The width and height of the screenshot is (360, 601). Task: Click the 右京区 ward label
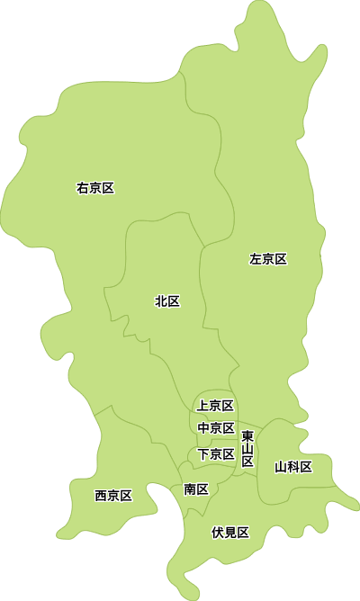coord(95,188)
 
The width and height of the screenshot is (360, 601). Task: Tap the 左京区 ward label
coord(268,259)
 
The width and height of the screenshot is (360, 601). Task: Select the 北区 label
coord(167,301)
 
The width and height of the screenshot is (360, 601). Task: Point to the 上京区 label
coord(216,406)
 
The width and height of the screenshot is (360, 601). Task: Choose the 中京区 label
coord(216,428)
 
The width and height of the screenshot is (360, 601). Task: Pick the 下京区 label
coord(216,453)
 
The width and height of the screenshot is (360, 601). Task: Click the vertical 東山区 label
coord(247,448)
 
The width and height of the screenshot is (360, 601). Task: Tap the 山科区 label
coord(293,467)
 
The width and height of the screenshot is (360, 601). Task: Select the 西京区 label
coord(113,496)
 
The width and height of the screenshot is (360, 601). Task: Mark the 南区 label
coord(196,489)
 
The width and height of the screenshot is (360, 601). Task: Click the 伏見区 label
coord(230,533)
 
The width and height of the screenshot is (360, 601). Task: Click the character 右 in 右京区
coord(83,188)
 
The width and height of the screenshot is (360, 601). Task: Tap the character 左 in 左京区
coord(256,259)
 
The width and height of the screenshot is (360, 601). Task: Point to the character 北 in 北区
coord(161,301)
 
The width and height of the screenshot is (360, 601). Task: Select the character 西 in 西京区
coord(101,496)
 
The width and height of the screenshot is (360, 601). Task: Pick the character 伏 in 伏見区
coord(218,533)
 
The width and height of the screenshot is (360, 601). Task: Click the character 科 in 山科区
coord(293,467)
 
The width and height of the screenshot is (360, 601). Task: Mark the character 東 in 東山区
coord(247,436)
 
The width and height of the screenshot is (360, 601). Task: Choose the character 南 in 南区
coord(190,489)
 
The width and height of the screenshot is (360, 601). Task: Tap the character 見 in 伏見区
coord(230,533)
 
